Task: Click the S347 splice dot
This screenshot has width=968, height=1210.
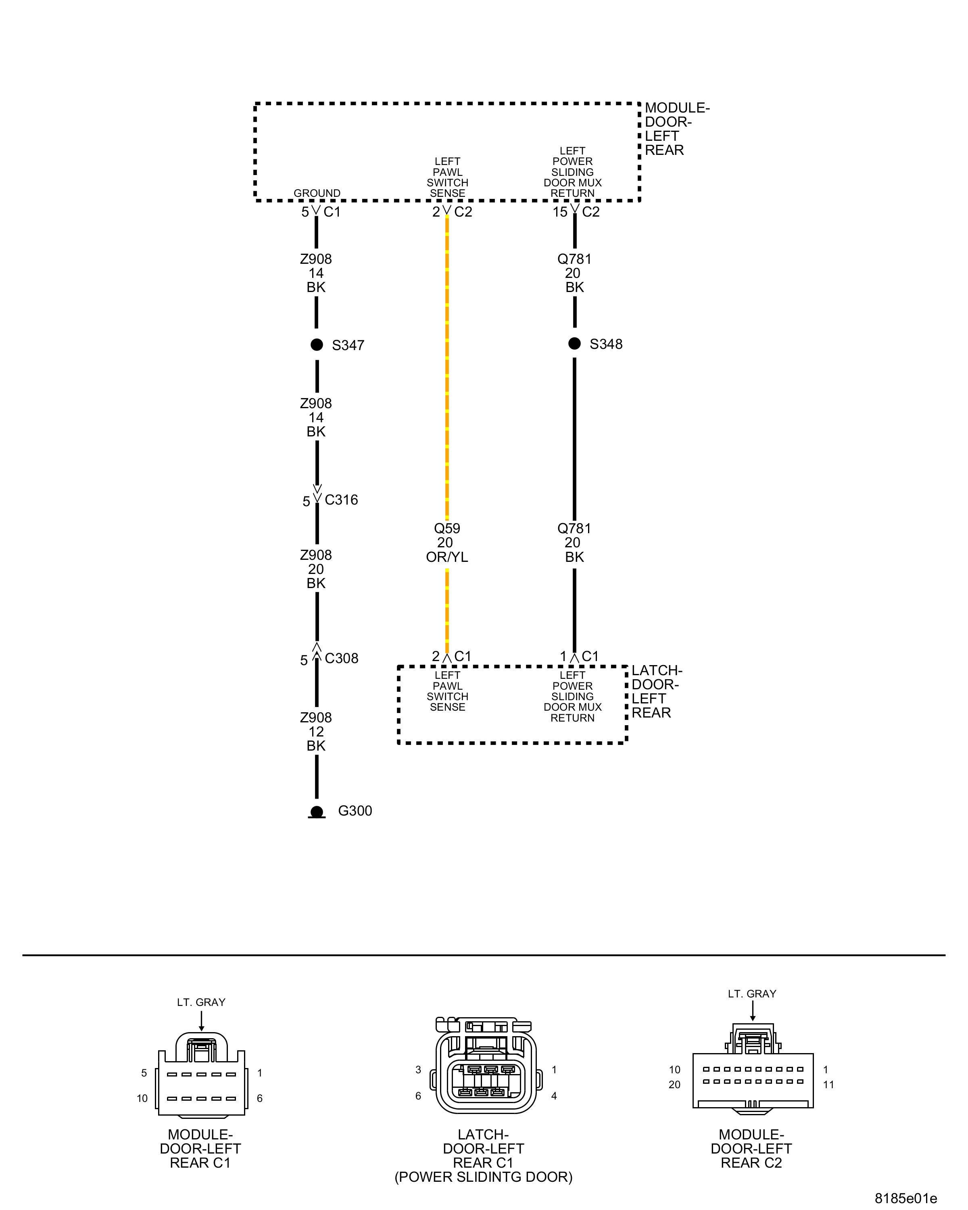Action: click(x=317, y=344)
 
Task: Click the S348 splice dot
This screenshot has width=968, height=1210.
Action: click(x=574, y=344)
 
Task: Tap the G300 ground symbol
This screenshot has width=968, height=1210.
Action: click(x=317, y=812)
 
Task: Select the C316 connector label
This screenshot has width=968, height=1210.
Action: click(x=341, y=499)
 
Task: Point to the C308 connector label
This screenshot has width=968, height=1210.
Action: click(x=341, y=658)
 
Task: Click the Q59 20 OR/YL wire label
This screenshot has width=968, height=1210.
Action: click(x=446, y=543)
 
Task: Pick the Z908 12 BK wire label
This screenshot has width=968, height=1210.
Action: click(x=316, y=731)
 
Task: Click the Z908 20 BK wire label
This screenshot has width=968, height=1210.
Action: click(x=316, y=569)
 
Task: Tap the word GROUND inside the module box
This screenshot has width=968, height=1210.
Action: click(x=317, y=193)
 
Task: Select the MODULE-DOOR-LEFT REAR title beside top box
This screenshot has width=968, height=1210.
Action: click(x=676, y=129)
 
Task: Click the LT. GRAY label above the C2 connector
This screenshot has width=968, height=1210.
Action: click(x=752, y=994)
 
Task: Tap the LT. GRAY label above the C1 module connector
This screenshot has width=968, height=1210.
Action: click(x=201, y=1002)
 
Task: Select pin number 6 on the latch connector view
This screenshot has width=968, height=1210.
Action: click(x=418, y=1095)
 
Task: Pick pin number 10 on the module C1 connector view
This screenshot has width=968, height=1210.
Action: click(x=142, y=1098)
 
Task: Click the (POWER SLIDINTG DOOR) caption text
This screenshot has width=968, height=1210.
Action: click(x=483, y=1177)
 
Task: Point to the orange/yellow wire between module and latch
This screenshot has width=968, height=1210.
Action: click(x=446, y=365)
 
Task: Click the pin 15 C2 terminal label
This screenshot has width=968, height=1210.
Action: click(x=576, y=212)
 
